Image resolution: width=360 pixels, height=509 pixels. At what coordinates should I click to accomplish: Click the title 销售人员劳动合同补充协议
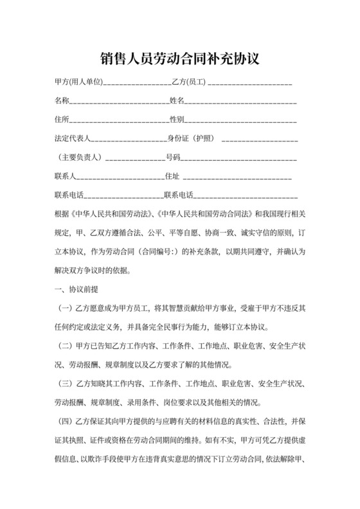(179, 59)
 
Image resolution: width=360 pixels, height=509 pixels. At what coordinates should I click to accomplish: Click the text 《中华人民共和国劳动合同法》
(205, 213)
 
